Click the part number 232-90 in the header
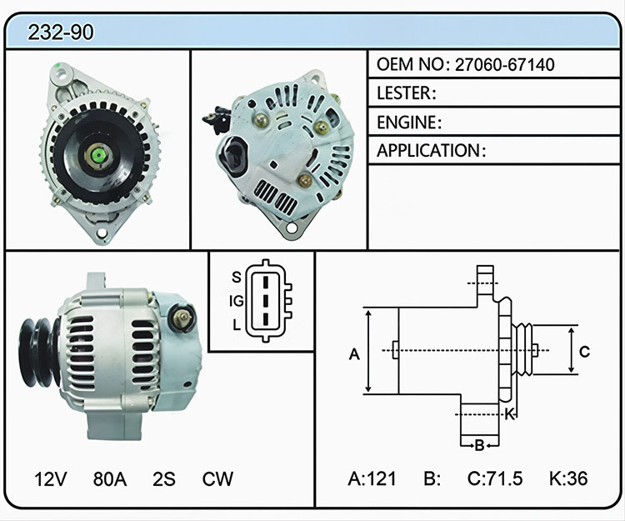click(x=61, y=33)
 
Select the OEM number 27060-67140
click(x=505, y=64)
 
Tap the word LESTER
click(x=404, y=93)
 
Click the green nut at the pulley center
click(x=98, y=155)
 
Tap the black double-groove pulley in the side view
click(x=37, y=353)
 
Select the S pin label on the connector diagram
click(x=237, y=277)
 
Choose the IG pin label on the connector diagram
click(x=236, y=301)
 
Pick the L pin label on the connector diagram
click(x=237, y=325)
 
